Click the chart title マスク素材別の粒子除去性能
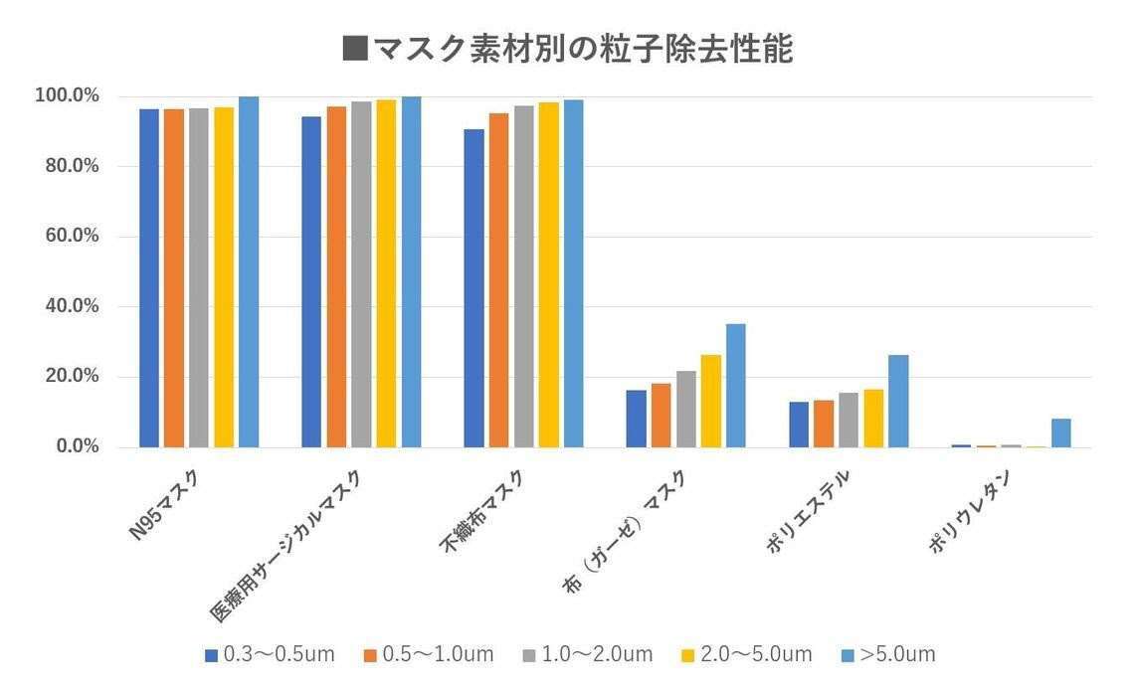(567, 48)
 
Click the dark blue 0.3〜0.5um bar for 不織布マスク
(473, 288)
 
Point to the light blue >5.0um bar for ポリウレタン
(1060, 433)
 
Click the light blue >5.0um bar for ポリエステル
(898, 402)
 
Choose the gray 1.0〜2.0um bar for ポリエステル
(849, 420)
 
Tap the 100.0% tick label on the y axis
(68, 96)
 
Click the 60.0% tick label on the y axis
(72, 237)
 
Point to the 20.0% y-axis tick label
(72, 377)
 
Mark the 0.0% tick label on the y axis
(76, 446)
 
